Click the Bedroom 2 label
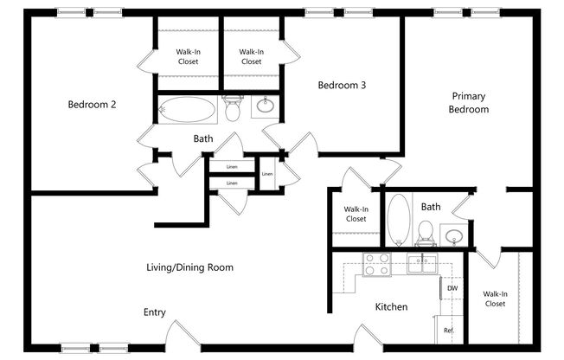point(93,105)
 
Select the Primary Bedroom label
point(469,103)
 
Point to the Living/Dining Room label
point(189,267)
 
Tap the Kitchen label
point(391,306)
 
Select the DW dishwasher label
point(452,288)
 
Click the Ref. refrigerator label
point(449,331)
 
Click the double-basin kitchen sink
point(421,264)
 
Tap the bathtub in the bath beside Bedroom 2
point(187,110)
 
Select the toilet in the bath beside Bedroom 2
point(232,110)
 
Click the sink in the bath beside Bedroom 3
point(264,108)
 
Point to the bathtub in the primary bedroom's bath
point(398,216)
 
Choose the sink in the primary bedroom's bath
point(452,235)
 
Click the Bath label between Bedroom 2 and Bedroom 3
point(203,138)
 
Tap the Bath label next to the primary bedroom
point(431,207)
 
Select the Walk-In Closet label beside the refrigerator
point(495,299)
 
